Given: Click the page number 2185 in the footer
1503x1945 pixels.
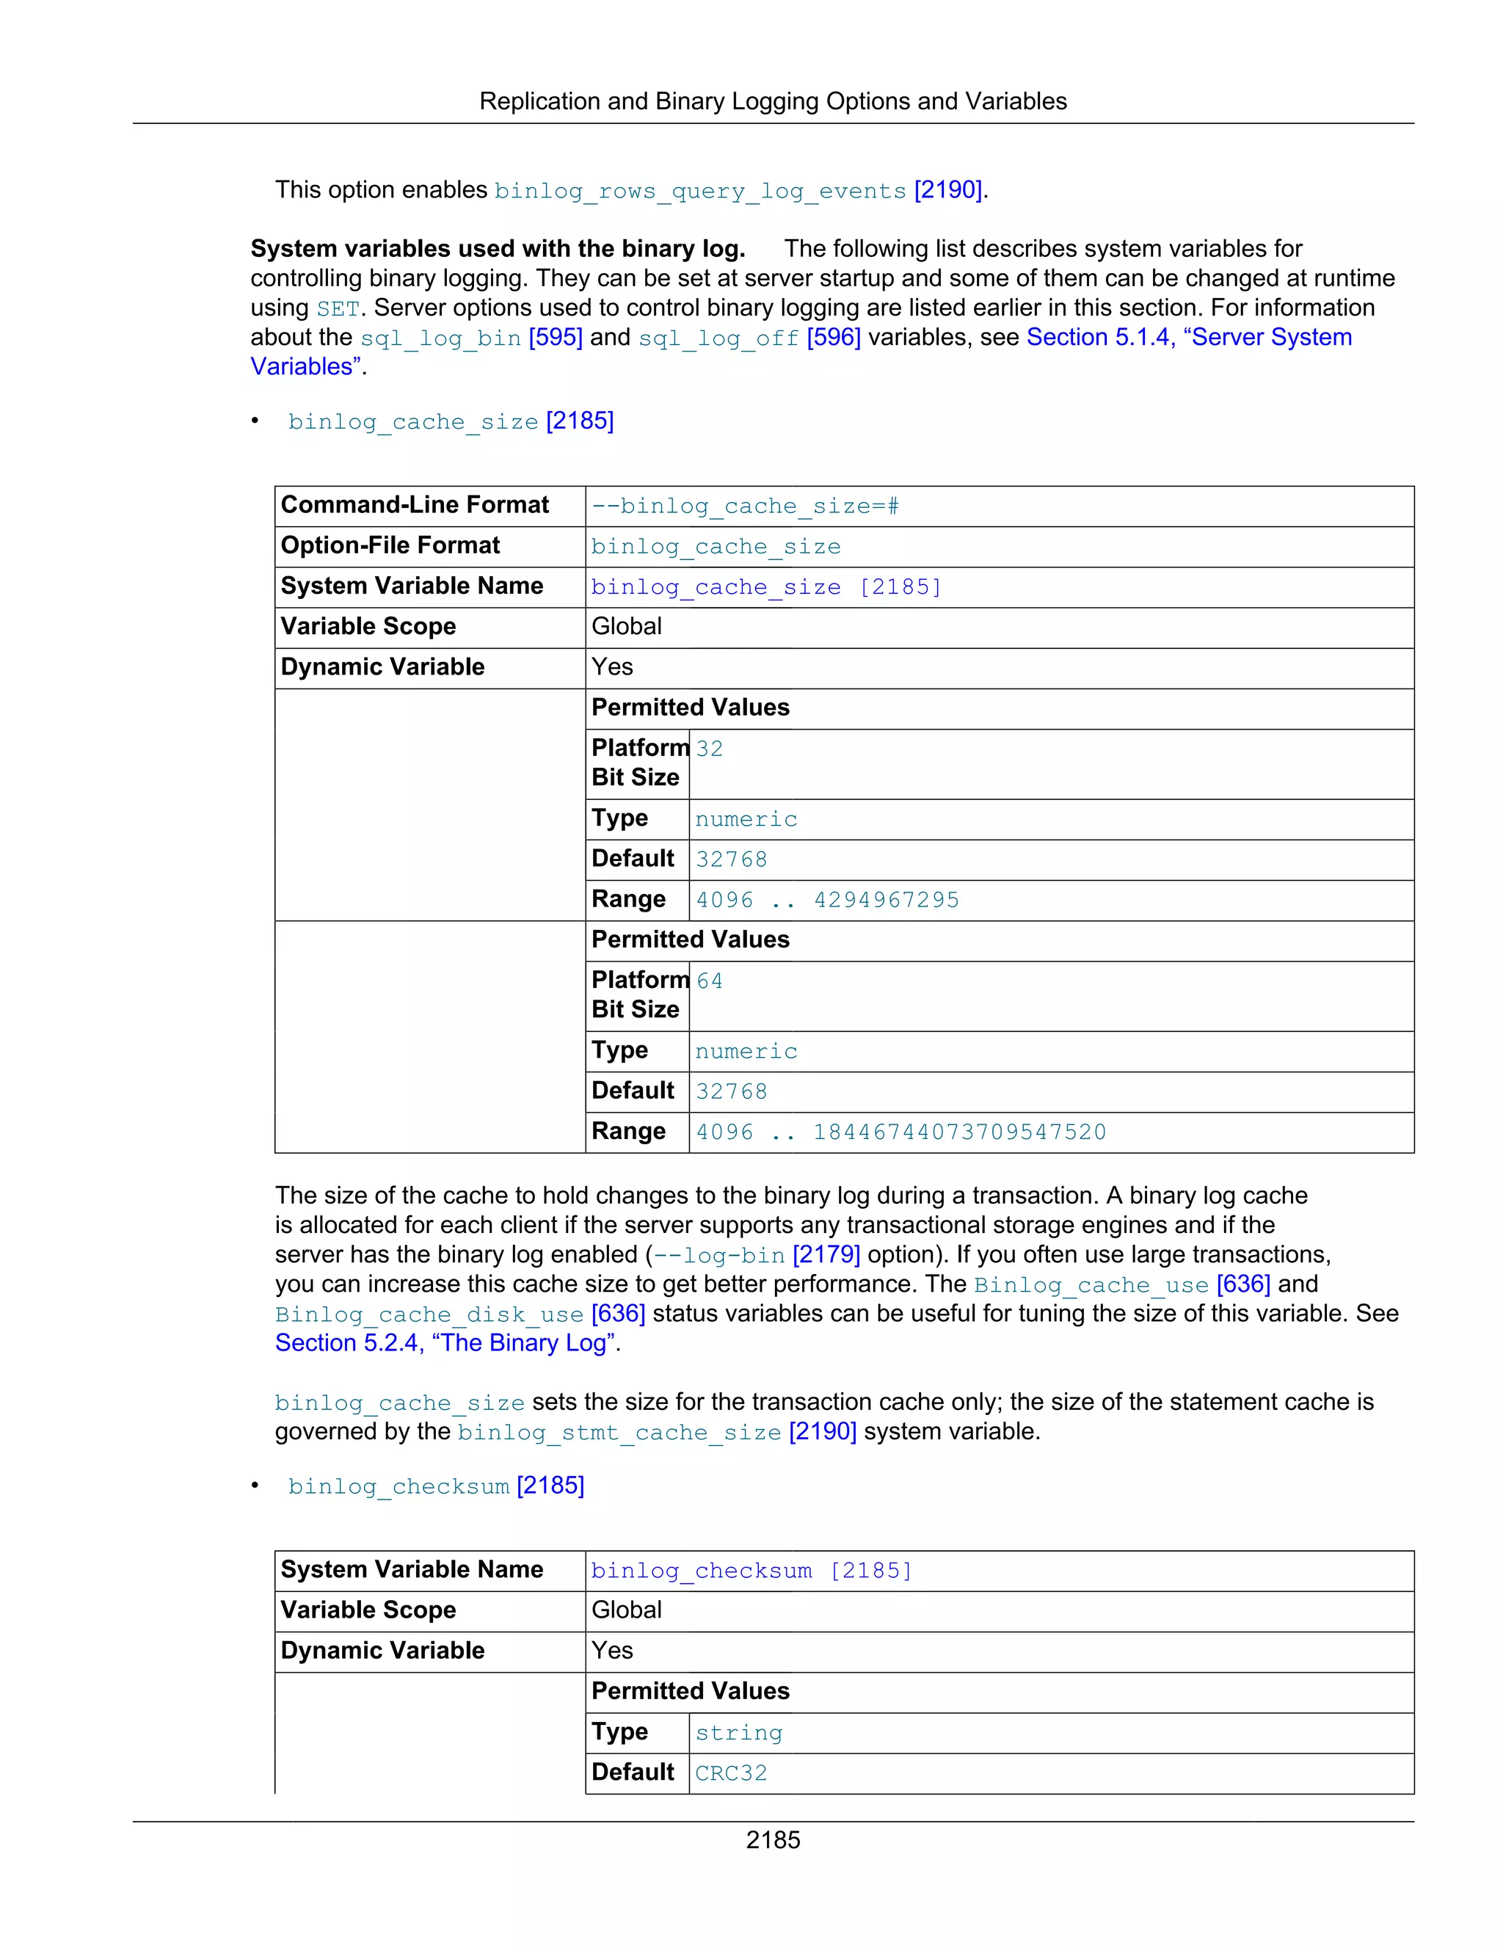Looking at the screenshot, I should pyautogui.click(x=772, y=1840).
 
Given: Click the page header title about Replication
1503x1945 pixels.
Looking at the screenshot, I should pyautogui.click(x=772, y=101).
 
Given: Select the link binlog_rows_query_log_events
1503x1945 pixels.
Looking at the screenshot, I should pyautogui.click(x=700, y=192).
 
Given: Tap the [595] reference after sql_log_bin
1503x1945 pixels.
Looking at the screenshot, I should pyautogui.click(x=555, y=338).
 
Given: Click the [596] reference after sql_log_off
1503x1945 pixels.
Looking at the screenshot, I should pyautogui.click(x=834, y=338).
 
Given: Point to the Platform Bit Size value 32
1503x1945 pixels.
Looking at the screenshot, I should pyautogui.click(x=709, y=749).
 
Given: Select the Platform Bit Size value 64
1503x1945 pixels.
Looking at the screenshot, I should pyautogui.click(x=709, y=981).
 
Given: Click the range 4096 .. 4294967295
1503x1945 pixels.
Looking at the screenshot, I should pyautogui.click(x=826, y=901).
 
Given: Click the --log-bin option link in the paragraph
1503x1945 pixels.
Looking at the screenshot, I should pyautogui.click(x=718, y=1256).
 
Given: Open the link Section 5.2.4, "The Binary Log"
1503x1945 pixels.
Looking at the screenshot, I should pyautogui.click(x=445, y=1343).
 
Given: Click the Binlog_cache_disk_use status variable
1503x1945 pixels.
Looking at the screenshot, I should pyautogui.click(x=429, y=1315).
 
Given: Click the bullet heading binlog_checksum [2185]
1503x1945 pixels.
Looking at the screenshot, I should pyautogui.click(x=435, y=1486).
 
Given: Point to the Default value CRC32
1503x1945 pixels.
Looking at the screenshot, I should pyautogui.click(x=730, y=1773).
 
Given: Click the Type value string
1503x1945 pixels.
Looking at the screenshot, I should pyautogui.click(x=738, y=1733).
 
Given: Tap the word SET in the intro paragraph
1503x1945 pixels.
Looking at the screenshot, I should pyautogui.click(x=338, y=309).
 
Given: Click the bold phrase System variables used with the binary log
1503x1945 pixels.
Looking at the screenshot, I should pyautogui.click(x=497, y=250).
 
